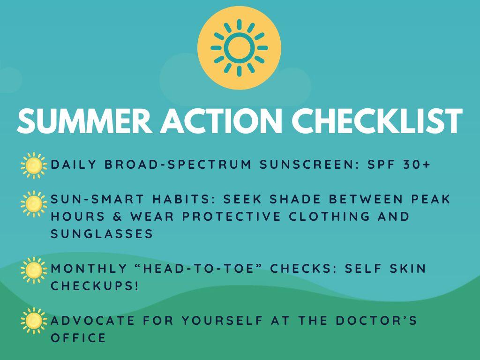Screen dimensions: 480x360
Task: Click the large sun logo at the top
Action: pyautogui.click(x=239, y=48)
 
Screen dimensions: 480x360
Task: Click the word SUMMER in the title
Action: pyautogui.click(x=85, y=120)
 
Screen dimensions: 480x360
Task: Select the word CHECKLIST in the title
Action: pyautogui.click(x=377, y=120)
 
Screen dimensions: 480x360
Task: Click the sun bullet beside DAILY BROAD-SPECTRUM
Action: pyautogui.click(x=34, y=165)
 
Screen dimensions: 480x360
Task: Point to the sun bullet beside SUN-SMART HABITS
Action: pyautogui.click(x=34, y=204)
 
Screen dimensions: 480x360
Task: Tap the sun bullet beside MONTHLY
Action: pyautogui.click(x=34, y=270)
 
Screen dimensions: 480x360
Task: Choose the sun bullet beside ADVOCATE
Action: pyautogui.click(x=34, y=321)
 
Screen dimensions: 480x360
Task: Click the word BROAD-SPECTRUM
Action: pyautogui.click(x=178, y=165)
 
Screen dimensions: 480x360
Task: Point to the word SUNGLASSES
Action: pyautogui.click(x=102, y=234)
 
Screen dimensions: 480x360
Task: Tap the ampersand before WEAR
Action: pyautogui.click(x=117, y=217)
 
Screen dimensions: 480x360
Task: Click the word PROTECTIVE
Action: pyautogui.click(x=232, y=217)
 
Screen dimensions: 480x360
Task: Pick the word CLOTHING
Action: pyautogui.click(x=330, y=217)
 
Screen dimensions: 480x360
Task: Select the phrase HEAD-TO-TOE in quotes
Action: pyautogui.click(x=199, y=269)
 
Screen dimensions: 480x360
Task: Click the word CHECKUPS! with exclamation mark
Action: pyautogui.click(x=95, y=286)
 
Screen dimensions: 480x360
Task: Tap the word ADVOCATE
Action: pyautogui.click(x=93, y=321)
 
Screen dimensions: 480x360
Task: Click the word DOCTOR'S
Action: pyautogui.click(x=376, y=321)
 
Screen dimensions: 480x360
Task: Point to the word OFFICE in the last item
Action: pyautogui.click(x=78, y=338)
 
